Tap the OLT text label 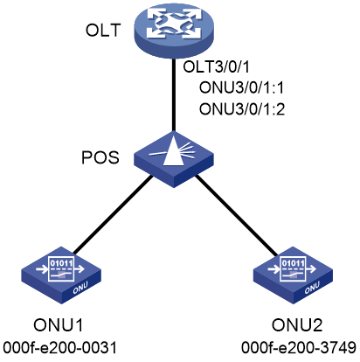point(103,30)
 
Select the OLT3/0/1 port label point(217,66)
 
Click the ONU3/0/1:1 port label point(241,87)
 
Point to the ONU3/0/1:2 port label point(242,109)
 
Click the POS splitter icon point(174,159)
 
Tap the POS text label point(100,157)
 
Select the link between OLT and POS point(174,94)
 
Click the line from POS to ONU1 point(113,214)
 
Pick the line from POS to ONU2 point(236,216)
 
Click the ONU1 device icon point(61,275)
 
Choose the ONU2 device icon point(293,275)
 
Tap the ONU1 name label point(59,325)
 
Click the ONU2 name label point(297,325)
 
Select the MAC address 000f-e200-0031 point(59,347)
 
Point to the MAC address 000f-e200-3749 point(299,347)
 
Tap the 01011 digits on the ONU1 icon point(61,264)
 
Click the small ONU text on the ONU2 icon point(312,288)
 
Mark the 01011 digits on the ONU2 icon point(294,264)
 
